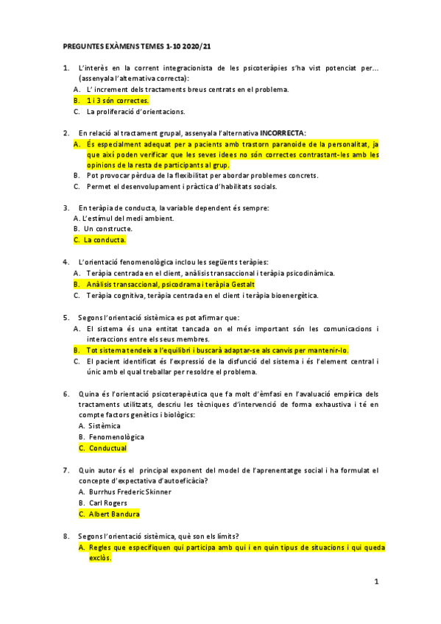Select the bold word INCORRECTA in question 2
(x=283, y=132)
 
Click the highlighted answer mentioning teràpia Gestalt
(x=171, y=284)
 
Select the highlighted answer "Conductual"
(x=107, y=447)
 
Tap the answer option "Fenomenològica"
(x=116, y=437)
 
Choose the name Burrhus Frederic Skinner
(x=129, y=492)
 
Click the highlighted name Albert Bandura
(x=114, y=514)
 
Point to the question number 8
(x=66, y=536)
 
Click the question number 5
(x=66, y=317)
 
